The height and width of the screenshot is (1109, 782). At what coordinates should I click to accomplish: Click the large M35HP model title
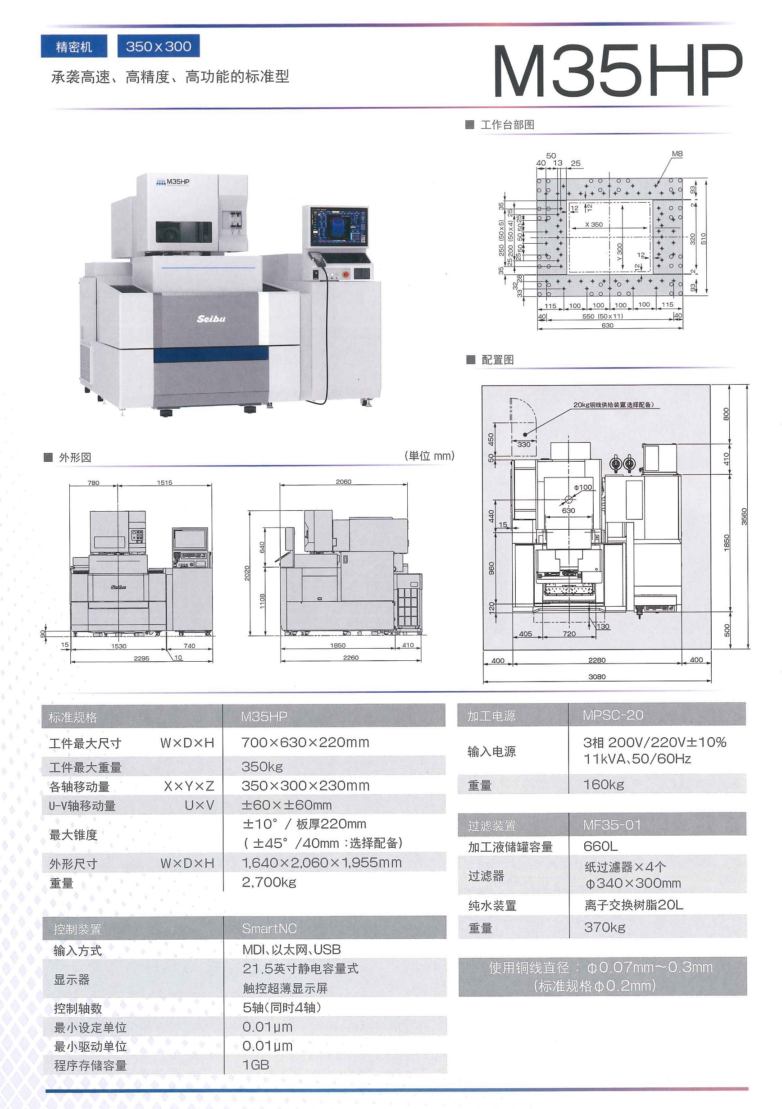point(617,71)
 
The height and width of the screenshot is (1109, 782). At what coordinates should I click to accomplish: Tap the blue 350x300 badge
point(159,46)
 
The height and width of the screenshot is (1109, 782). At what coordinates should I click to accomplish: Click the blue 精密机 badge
point(74,47)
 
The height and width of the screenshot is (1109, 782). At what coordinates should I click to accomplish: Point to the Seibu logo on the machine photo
point(211,319)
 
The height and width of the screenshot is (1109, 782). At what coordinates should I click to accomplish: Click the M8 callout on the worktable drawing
point(677,154)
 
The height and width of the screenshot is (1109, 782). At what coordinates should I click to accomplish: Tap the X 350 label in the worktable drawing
point(594,225)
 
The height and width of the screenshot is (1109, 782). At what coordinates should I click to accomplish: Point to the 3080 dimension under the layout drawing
point(596,677)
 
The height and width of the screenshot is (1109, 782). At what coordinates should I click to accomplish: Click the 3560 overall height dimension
point(744,516)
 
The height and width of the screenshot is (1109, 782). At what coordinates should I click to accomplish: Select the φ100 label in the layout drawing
point(582,487)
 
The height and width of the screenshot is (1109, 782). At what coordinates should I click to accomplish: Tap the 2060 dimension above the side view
point(343,482)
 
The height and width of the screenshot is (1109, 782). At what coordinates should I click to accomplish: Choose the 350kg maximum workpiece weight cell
point(262,767)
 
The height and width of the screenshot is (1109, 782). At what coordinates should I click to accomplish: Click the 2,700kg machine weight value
point(268,882)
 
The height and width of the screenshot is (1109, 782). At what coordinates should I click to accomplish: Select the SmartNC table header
point(269,928)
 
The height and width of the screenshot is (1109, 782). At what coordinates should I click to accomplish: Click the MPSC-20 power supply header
point(613,715)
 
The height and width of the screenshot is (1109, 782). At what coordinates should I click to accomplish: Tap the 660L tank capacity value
point(600,846)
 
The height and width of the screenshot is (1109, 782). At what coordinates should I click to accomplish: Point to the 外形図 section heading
point(75,457)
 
